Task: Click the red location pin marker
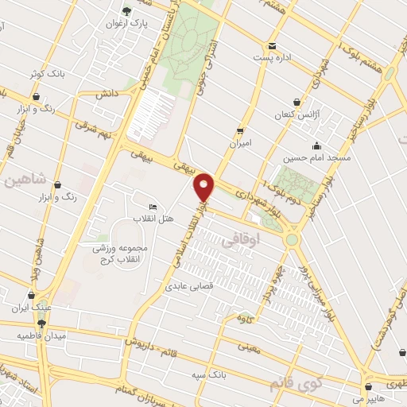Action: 205,187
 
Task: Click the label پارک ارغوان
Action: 128,24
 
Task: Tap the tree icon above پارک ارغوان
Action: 127,10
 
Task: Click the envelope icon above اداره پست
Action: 273,45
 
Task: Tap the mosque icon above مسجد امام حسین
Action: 316,145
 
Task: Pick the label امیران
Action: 239,144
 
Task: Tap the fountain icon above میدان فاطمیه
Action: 41,323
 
